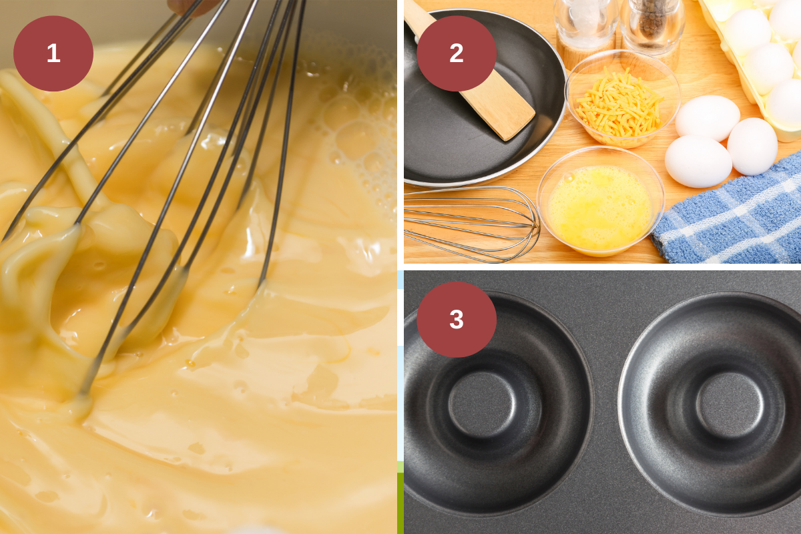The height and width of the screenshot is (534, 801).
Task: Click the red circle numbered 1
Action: coord(53,53)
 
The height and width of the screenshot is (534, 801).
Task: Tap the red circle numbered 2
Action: coord(457,53)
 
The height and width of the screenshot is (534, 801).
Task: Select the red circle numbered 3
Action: coord(457,319)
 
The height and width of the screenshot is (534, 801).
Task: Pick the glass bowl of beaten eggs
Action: coord(600,204)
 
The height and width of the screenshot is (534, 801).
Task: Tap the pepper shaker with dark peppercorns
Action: coord(653,27)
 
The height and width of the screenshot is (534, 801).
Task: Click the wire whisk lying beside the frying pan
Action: coord(471,224)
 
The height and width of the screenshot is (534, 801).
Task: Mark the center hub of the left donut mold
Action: coord(481,405)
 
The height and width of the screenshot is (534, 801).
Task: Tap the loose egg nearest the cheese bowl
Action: coord(707,117)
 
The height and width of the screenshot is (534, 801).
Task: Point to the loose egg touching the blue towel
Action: coord(752,146)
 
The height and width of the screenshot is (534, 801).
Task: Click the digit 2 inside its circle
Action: coord(457,53)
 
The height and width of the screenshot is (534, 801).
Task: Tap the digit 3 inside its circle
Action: coord(457,319)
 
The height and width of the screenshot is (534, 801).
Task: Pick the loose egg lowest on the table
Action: coord(698,162)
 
